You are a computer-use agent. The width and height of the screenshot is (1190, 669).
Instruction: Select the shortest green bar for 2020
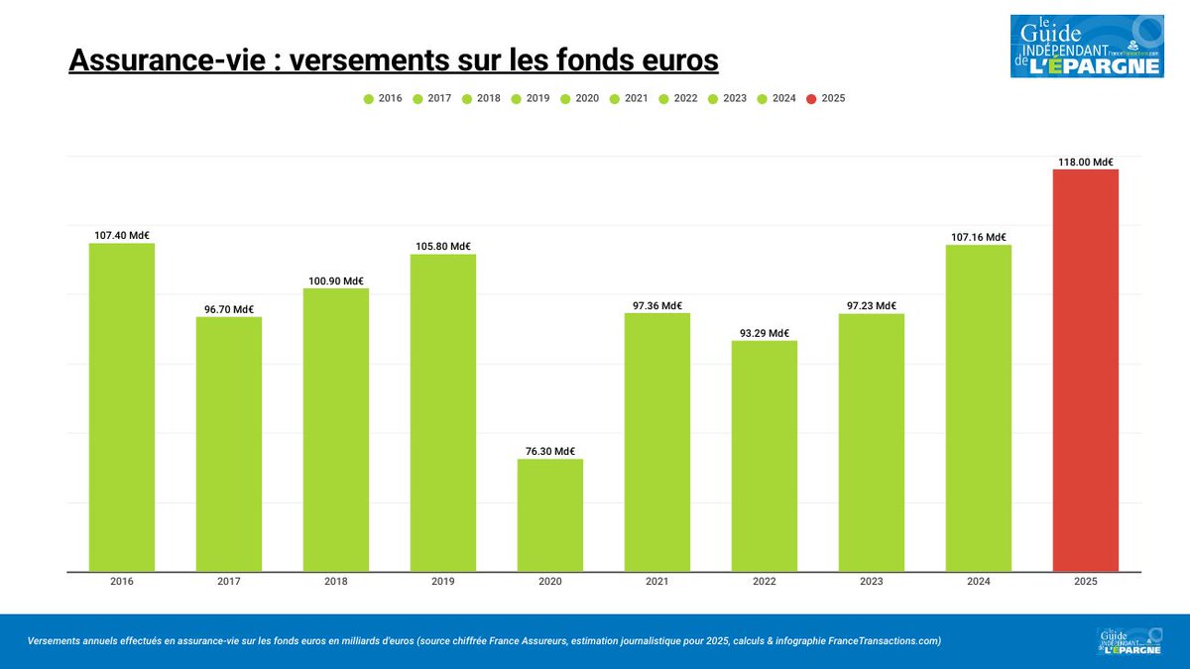point(549,514)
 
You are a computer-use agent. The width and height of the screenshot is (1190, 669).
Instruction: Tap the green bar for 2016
point(121,406)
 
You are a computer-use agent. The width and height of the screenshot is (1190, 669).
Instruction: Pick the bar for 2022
point(764,456)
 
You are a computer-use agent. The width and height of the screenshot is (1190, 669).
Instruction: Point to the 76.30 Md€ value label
point(549,451)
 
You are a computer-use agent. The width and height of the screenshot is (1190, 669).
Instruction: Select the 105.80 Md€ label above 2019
point(442,247)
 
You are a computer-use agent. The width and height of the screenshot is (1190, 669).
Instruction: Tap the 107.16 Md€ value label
point(978,238)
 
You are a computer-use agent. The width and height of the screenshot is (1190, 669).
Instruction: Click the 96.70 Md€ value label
point(228,309)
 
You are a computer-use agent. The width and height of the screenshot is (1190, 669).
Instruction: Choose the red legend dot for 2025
point(811,99)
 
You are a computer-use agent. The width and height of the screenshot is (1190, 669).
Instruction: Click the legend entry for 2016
point(383,99)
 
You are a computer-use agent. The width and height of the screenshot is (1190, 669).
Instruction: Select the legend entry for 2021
point(629,99)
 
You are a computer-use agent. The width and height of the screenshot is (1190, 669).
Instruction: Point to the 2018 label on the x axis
point(335,582)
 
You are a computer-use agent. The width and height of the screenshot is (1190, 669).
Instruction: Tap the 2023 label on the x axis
point(871,582)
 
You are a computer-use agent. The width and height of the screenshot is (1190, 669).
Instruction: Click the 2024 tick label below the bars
point(978,582)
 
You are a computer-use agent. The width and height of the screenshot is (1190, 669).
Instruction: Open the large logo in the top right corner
point(1086,47)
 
